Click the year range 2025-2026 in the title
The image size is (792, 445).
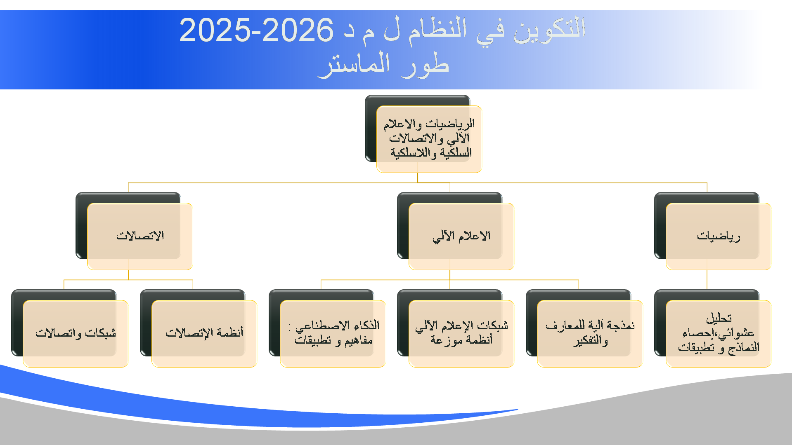[x=256, y=30]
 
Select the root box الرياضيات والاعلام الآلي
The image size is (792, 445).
[x=429, y=139]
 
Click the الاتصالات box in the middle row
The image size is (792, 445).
[x=140, y=236]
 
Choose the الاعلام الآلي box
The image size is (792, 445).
[x=461, y=236]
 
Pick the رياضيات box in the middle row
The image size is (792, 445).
[x=719, y=236]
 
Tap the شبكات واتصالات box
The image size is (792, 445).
[x=76, y=333]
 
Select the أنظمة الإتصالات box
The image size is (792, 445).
[x=204, y=333]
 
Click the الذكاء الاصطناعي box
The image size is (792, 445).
[x=333, y=333]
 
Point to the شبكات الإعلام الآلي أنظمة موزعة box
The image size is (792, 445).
[x=461, y=333]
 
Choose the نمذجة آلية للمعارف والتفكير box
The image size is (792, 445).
[x=590, y=333]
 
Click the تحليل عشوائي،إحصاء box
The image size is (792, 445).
[x=719, y=333]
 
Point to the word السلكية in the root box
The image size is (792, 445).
[x=456, y=153]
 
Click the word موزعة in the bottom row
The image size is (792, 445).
[x=447, y=340]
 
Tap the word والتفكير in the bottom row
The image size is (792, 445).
[x=590, y=341]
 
